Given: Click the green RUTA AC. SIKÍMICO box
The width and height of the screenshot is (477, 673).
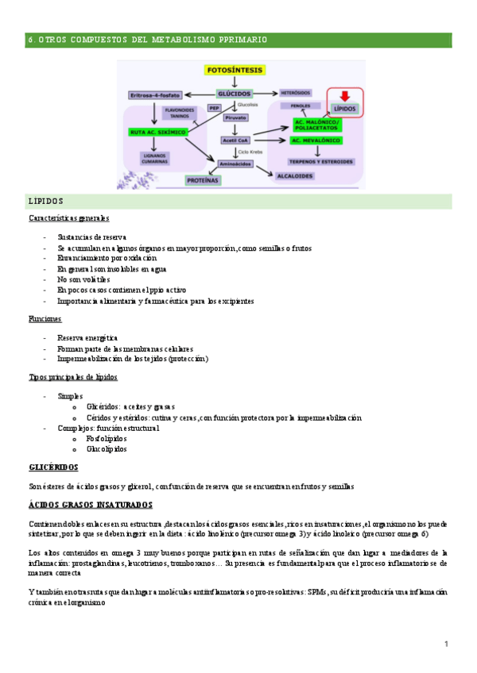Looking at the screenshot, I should [157, 132].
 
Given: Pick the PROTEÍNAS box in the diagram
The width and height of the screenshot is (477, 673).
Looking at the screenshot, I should [202, 180].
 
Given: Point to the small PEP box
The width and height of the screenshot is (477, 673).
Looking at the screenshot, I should [215, 107].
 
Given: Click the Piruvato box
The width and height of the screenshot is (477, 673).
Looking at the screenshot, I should [236, 117].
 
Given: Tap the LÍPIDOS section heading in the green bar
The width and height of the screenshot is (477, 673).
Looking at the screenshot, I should [45, 202].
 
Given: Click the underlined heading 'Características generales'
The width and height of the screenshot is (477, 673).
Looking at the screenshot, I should [68, 218].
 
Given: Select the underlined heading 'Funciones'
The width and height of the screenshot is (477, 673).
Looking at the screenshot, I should [45, 318].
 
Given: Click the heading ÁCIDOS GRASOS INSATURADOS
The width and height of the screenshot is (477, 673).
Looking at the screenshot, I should [90, 505].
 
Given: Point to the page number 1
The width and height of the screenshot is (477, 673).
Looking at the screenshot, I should [447, 643].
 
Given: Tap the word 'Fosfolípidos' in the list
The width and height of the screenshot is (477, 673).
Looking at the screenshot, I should [107, 438].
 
